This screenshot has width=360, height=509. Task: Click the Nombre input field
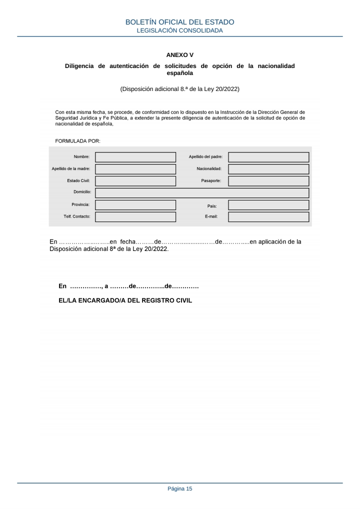coord(135,157)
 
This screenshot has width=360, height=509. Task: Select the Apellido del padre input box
coord(268,157)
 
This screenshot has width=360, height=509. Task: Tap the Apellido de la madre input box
coord(135,169)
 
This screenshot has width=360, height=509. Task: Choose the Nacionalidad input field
coord(268,169)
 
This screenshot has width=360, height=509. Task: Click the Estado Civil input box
coord(135,181)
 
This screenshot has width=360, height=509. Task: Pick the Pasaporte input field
coord(268,181)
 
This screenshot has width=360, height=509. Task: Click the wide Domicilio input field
coord(202,193)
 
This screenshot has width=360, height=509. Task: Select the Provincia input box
coord(135,205)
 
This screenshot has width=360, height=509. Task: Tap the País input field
coord(268,205)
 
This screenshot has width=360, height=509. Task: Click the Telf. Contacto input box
coord(135,217)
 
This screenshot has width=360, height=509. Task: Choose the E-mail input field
coord(268,217)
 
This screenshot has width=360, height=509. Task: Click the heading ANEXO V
coord(179,55)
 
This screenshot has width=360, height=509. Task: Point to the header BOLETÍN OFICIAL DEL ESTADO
coord(179,22)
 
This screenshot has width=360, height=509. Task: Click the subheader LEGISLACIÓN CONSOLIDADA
coord(179,30)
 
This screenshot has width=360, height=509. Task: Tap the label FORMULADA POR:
coord(77,141)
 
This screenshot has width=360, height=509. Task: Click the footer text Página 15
coord(179,489)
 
